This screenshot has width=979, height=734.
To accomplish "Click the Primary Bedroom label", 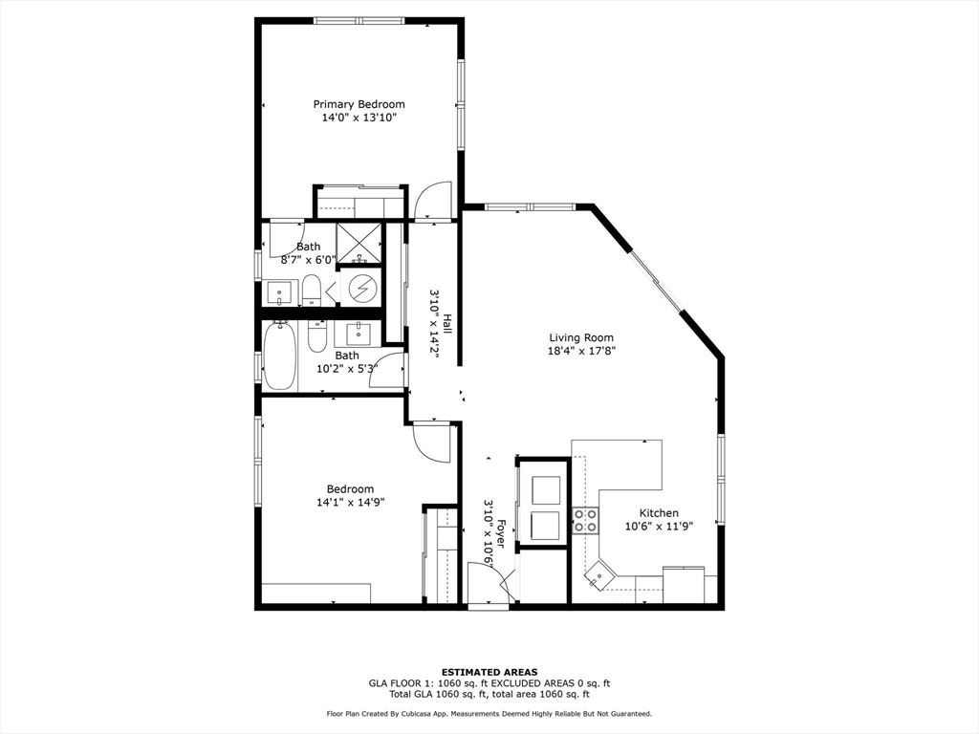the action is click(359, 104).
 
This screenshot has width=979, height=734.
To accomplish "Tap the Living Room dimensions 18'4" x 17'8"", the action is click(582, 351).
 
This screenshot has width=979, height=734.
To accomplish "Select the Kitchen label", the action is click(659, 513).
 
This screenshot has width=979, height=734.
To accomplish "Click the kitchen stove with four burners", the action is click(586, 521).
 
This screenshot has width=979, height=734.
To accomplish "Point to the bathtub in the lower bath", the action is click(279, 356).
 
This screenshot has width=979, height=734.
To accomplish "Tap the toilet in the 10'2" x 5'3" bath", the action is click(317, 335).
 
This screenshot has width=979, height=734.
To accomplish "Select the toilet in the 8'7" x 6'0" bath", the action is click(312, 291).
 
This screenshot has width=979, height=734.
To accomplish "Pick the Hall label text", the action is click(447, 323).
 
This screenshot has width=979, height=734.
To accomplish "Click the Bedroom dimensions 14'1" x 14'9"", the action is click(350, 502).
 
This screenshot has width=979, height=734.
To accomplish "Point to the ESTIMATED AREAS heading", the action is click(489, 672).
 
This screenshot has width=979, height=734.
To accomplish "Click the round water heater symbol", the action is click(361, 288).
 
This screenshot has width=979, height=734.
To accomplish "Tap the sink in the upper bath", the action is click(279, 292).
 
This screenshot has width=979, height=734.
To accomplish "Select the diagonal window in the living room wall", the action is click(655, 281).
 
